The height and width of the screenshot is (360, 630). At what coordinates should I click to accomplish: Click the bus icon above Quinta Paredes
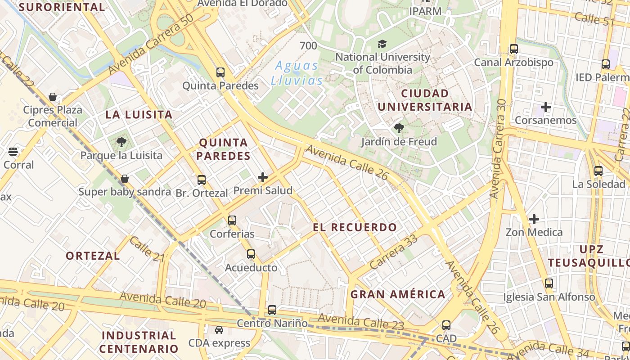click(220, 72)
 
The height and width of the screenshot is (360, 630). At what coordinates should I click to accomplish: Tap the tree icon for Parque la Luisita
click(121, 143)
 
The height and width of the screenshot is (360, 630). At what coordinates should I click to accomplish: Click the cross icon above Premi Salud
click(263, 177)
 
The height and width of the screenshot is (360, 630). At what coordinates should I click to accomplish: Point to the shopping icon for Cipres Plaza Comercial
click(53, 97)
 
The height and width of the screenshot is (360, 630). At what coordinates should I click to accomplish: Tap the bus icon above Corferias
click(232, 220)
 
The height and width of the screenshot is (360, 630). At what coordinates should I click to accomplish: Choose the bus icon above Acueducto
click(251, 254)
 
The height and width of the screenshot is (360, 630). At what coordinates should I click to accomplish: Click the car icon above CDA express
click(219, 330)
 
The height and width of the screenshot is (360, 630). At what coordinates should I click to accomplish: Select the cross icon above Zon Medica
click(534, 219)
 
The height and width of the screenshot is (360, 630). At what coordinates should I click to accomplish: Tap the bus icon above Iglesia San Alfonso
click(549, 283)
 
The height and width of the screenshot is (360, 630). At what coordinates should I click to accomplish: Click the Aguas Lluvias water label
click(297, 73)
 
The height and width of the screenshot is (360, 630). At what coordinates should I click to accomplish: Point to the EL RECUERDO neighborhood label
click(355, 227)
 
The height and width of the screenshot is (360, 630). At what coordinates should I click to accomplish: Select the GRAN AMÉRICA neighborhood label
click(398, 294)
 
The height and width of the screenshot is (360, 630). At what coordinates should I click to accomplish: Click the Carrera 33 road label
click(393, 253)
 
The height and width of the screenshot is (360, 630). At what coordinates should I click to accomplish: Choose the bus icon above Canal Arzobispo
click(514, 49)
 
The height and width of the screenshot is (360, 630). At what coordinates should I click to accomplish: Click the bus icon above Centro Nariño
click(272, 310)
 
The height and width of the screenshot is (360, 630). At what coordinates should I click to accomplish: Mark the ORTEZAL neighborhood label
click(93, 256)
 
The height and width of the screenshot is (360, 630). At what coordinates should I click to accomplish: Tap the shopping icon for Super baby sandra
click(125, 179)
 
